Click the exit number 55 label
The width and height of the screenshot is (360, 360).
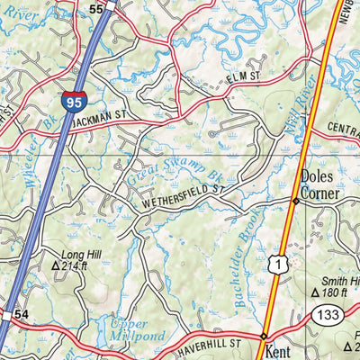coord(98,7)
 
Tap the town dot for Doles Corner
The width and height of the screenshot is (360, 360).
coord(295,201)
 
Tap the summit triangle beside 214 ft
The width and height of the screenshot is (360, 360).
coord(56,266)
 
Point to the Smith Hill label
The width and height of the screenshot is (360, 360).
coord(340,281)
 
